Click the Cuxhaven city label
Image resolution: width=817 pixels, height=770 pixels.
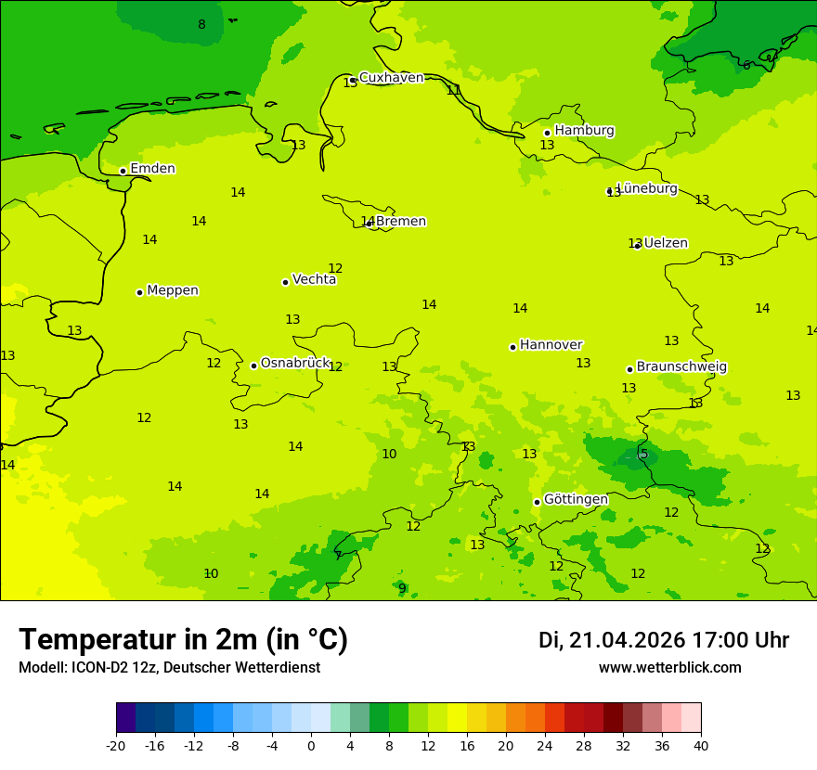[391, 78]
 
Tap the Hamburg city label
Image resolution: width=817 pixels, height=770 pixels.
[584, 131]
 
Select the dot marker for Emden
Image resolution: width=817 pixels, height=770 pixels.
[123, 171]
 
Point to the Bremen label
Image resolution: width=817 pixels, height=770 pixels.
[400, 222]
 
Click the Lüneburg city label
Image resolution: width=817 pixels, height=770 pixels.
[647, 188]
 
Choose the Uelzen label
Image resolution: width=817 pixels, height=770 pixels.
[666, 244]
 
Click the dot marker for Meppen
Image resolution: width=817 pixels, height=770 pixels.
[139, 292]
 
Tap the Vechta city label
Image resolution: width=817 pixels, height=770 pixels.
[314, 279]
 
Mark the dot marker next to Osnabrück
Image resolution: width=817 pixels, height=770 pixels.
[253, 366]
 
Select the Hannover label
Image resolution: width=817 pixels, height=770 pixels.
[551, 345]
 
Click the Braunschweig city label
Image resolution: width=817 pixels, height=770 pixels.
[681, 367]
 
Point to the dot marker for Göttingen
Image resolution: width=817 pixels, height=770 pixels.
[537, 502]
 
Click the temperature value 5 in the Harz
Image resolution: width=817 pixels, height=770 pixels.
[643, 454]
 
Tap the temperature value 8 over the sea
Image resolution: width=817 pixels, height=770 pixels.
[201, 25]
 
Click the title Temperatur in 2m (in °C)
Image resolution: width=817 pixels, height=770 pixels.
[183, 640]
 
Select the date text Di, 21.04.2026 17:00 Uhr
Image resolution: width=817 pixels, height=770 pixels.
[664, 641]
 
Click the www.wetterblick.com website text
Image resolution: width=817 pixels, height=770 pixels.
[669, 668]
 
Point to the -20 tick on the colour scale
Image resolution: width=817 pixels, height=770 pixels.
[116, 745]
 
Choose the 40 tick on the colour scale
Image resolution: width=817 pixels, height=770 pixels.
[701, 745]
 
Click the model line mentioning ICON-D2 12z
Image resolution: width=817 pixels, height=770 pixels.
[169, 668]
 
